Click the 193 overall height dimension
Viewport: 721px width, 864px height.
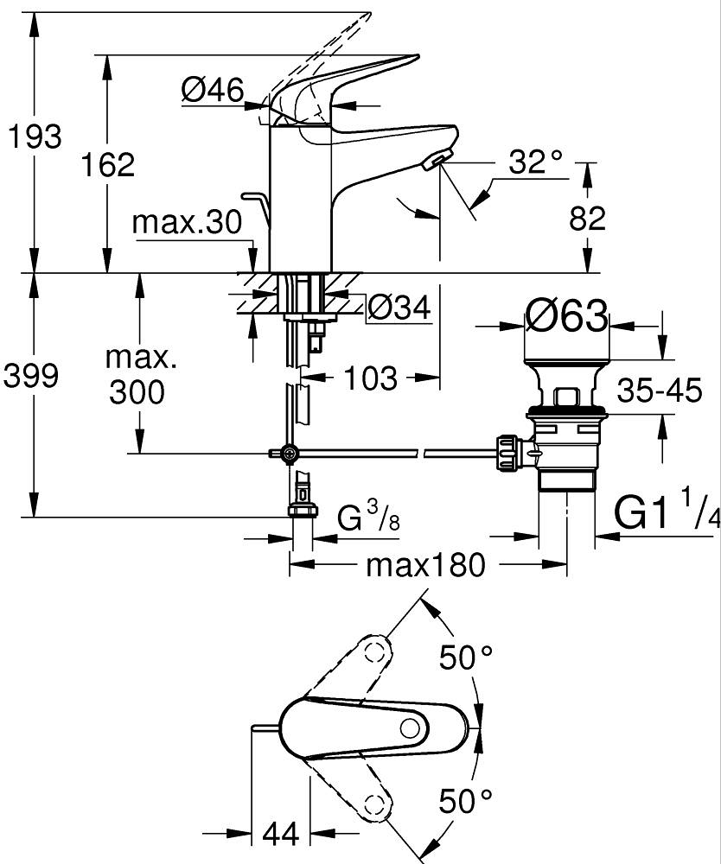click(x=33, y=137)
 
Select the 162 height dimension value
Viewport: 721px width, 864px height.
click(x=107, y=164)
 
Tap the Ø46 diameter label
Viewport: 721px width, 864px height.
click(x=213, y=89)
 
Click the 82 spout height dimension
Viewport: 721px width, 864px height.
click(x=588, y=218)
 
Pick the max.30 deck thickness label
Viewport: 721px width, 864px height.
click(x=187, y=224)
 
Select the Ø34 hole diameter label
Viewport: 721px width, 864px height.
click(x=399, y=307)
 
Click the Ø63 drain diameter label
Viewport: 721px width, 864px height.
click(x=566, y=317)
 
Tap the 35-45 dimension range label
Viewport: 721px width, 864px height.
click(x=659, y=391)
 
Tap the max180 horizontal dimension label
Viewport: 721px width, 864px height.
click(x=426, y=566)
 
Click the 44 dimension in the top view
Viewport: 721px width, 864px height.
click(x=281, y=834)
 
